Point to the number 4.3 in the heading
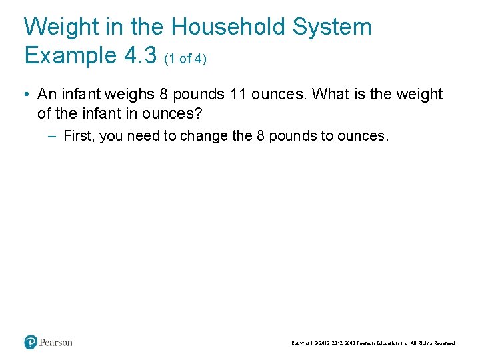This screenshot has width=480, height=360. click(x=141, y=55)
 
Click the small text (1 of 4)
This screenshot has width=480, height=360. click(x=185, y=59)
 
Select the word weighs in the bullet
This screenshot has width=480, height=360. click(x=131, y=95)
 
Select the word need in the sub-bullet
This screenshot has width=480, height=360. click(x=147, y=136)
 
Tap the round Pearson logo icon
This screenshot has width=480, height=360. click(x=31, y=343)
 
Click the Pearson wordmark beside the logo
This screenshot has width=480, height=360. click(x=56, y=343)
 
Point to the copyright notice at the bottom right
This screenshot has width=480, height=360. click(x=373, y=343)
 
